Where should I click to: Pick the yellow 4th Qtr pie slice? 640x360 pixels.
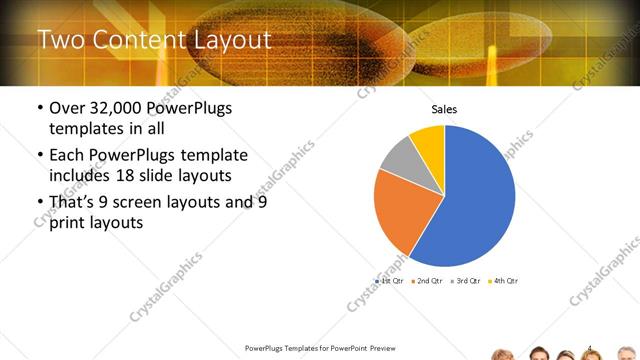(428, 141)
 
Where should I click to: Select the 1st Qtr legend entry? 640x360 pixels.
(391, 281)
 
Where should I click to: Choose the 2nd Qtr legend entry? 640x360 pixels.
(429, 281)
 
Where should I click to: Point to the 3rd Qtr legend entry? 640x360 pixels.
(467, 281)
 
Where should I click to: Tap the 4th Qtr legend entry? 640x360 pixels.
(505, 281)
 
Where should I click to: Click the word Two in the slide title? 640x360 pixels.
(59, 41)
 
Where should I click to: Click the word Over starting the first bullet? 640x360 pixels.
(69, 108)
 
